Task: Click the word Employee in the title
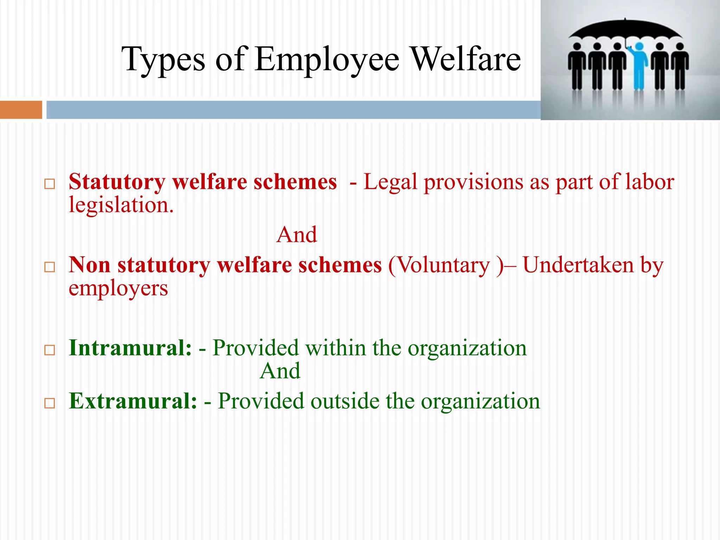pos(327,60)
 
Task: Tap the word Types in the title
pos(163,60)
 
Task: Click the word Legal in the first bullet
pos(390,182)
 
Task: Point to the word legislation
pos(121,205)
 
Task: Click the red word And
pos(297,234)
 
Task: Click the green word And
pos(280,371)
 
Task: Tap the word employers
pos(118,288)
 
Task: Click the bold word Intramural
pos(130,348)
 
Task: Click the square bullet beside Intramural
pos(50,350)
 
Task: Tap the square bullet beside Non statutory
pos(50,267)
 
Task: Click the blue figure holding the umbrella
pos(639,65)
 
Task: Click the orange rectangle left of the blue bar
pos(21,110)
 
